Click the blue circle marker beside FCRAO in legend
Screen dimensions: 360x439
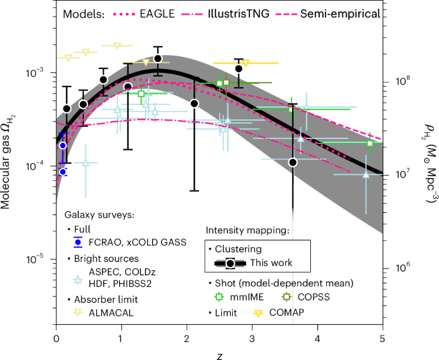click(x=78, y=241)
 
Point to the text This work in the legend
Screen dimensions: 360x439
click(x=271, y=262)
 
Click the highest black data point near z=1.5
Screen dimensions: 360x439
click(x=158, y=59)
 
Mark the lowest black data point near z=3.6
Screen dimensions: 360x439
click(x=293, y=162)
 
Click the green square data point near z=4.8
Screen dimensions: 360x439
click(x=370, y=143)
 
